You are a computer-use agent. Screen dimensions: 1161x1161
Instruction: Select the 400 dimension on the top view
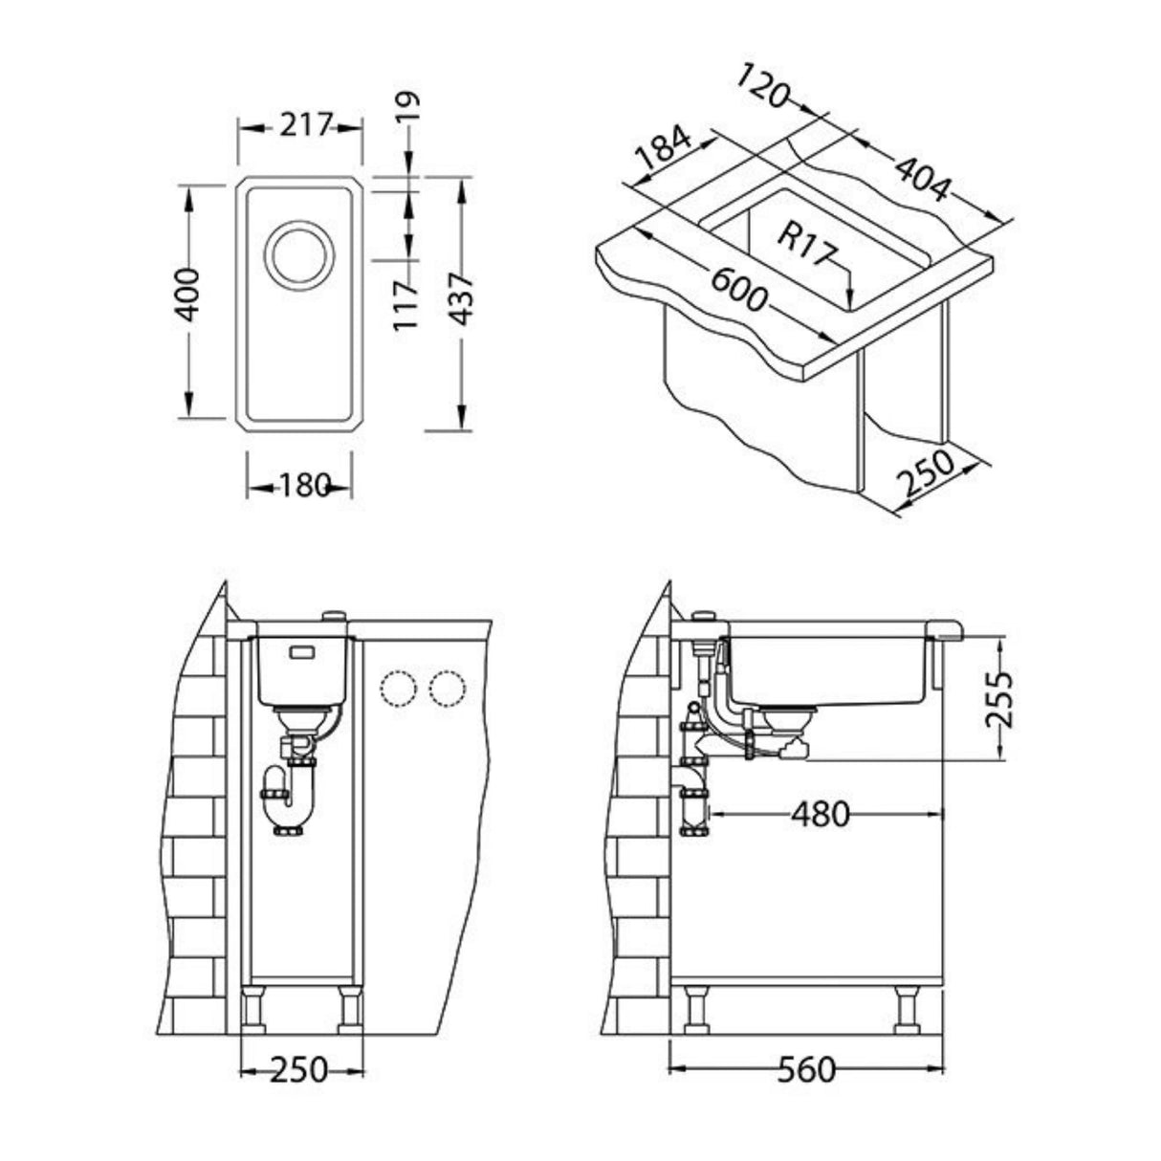[x=188, y=297]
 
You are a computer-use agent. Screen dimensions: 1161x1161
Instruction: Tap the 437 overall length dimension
[x=461, y=298]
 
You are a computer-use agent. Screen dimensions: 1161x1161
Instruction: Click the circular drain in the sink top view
[x=299, y=256]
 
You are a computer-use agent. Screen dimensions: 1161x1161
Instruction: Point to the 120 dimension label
[x=765, y=86]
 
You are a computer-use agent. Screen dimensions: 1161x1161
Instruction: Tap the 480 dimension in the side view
[x=820, y=814]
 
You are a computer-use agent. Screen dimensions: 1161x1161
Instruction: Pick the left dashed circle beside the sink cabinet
[x=397, y=690]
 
